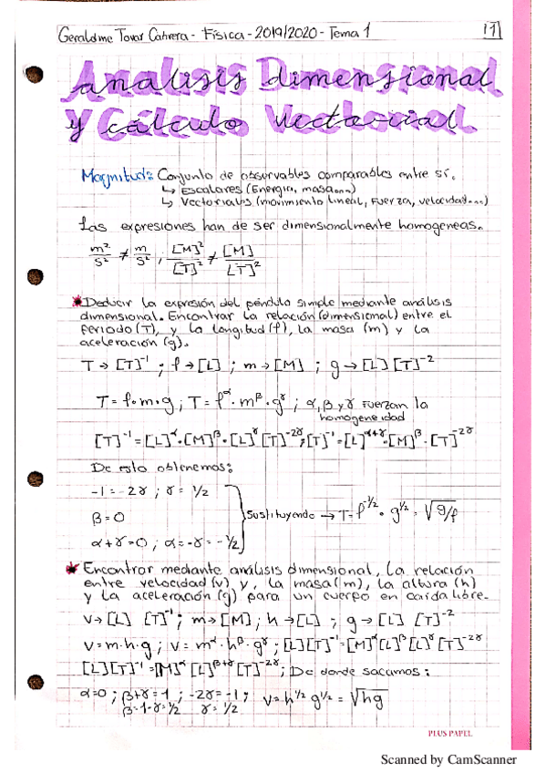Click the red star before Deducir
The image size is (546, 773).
tap(77, 300)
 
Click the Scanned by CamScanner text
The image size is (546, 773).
tap(447, 758)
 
